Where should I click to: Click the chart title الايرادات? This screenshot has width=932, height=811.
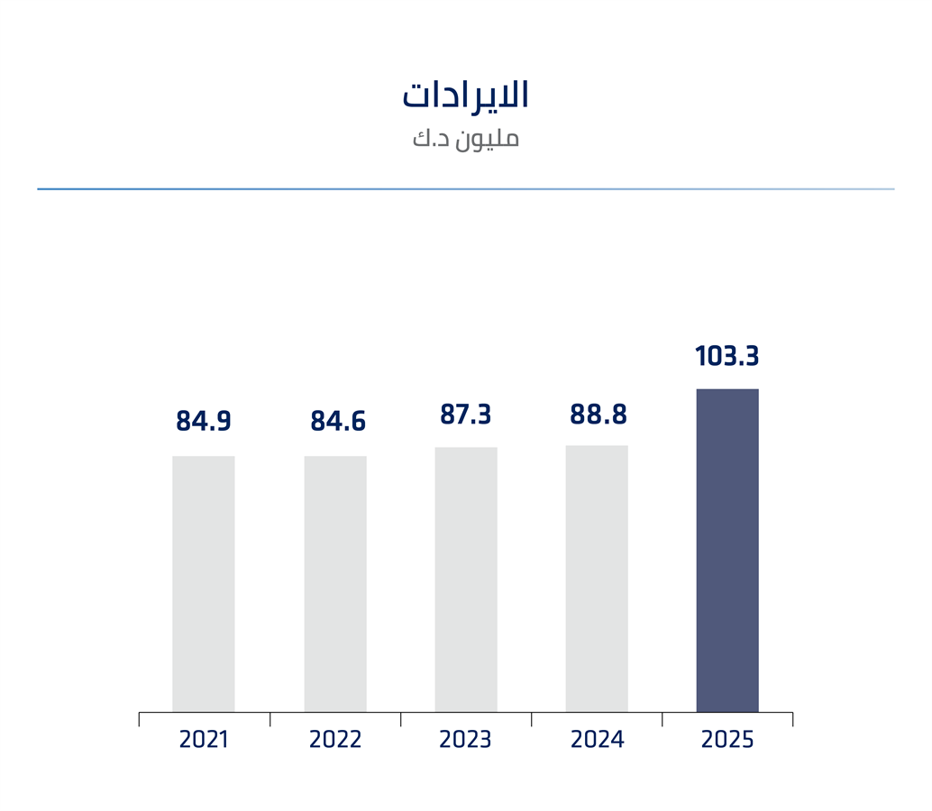point(465,96)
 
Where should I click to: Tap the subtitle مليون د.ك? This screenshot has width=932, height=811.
point(465,139)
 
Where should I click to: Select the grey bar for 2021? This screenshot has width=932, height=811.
point(204,584)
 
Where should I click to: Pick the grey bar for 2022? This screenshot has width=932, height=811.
point(335,584)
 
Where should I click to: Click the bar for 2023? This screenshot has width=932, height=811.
point(466,579)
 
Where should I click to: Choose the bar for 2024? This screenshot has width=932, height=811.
point(597,579)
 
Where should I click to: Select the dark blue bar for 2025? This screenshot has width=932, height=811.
point(727,551)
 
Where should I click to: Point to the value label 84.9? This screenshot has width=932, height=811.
point(204,421)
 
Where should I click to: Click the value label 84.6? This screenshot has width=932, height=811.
point(338,421)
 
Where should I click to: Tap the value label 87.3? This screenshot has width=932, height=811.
point(465,415)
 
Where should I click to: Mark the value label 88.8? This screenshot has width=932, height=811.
point(598,415)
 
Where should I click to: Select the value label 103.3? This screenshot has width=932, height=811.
point(727,357)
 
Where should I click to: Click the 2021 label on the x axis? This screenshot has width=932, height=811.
point(204,740)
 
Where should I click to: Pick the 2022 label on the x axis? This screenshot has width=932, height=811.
point(335,740)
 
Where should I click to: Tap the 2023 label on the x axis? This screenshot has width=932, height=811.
point(466,740)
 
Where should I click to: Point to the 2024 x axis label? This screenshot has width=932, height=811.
point(597,740)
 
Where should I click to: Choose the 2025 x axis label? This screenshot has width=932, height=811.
point(727,740)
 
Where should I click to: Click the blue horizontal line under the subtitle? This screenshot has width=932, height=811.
point(465,189)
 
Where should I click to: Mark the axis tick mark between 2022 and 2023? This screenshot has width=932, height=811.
point(401,719)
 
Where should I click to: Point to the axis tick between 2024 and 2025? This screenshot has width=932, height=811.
point(662,719)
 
